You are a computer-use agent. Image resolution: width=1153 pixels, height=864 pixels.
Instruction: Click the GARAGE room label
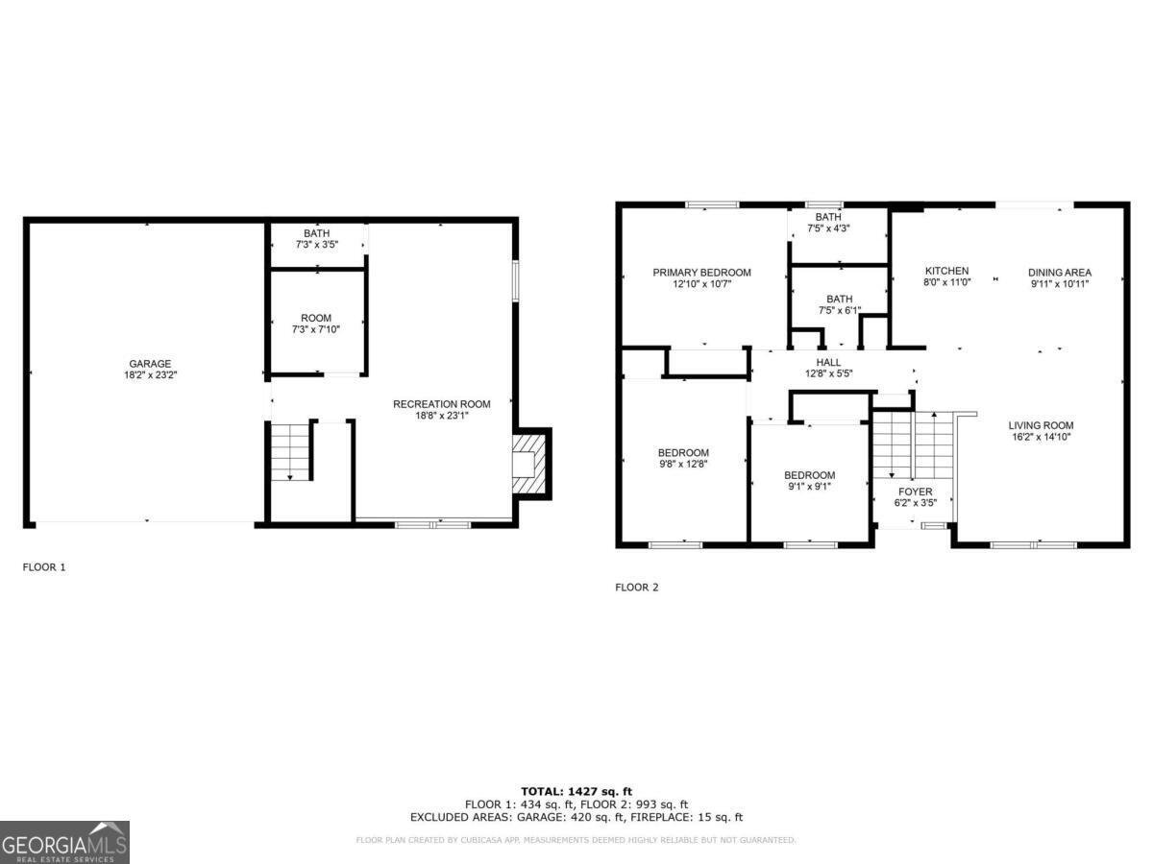click(x=151, y=370)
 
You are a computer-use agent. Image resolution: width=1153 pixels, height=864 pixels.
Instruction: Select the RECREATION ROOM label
click(x=441, y=410)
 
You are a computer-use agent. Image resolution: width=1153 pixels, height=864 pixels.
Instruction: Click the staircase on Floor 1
click(x=291, y=451)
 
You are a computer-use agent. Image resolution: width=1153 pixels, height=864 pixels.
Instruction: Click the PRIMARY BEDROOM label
click(x=701, y=278)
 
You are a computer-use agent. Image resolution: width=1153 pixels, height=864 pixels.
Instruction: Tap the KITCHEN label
click(x=946, y=276)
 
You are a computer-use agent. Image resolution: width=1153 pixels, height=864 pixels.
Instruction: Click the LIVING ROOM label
click(x=1041, y=431)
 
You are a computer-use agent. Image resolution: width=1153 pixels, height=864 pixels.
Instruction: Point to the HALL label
click(x=827, y=368)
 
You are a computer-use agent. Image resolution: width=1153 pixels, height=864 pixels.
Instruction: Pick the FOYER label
click(x=915, y=497)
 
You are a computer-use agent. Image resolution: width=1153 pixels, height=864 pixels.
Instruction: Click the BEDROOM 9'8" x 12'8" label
click(x=683, y=459)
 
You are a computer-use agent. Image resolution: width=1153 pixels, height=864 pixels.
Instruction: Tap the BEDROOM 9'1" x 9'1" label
click(x=809, y=480)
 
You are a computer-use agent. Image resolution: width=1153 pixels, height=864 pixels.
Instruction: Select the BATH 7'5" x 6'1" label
click(x=839, y=304)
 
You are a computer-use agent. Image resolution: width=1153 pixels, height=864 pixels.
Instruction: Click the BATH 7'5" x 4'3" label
click(x=827, y=223)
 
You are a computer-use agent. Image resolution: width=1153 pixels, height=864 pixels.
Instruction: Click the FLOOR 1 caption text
click(x=44, y=567)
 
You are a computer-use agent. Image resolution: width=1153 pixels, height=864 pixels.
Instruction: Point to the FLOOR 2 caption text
click(x=637, y=588)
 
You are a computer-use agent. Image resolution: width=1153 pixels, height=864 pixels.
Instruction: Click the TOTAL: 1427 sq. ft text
click(x=576, y=791)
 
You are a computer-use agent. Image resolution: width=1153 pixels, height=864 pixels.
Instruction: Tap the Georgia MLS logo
click(x=64, y=843)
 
